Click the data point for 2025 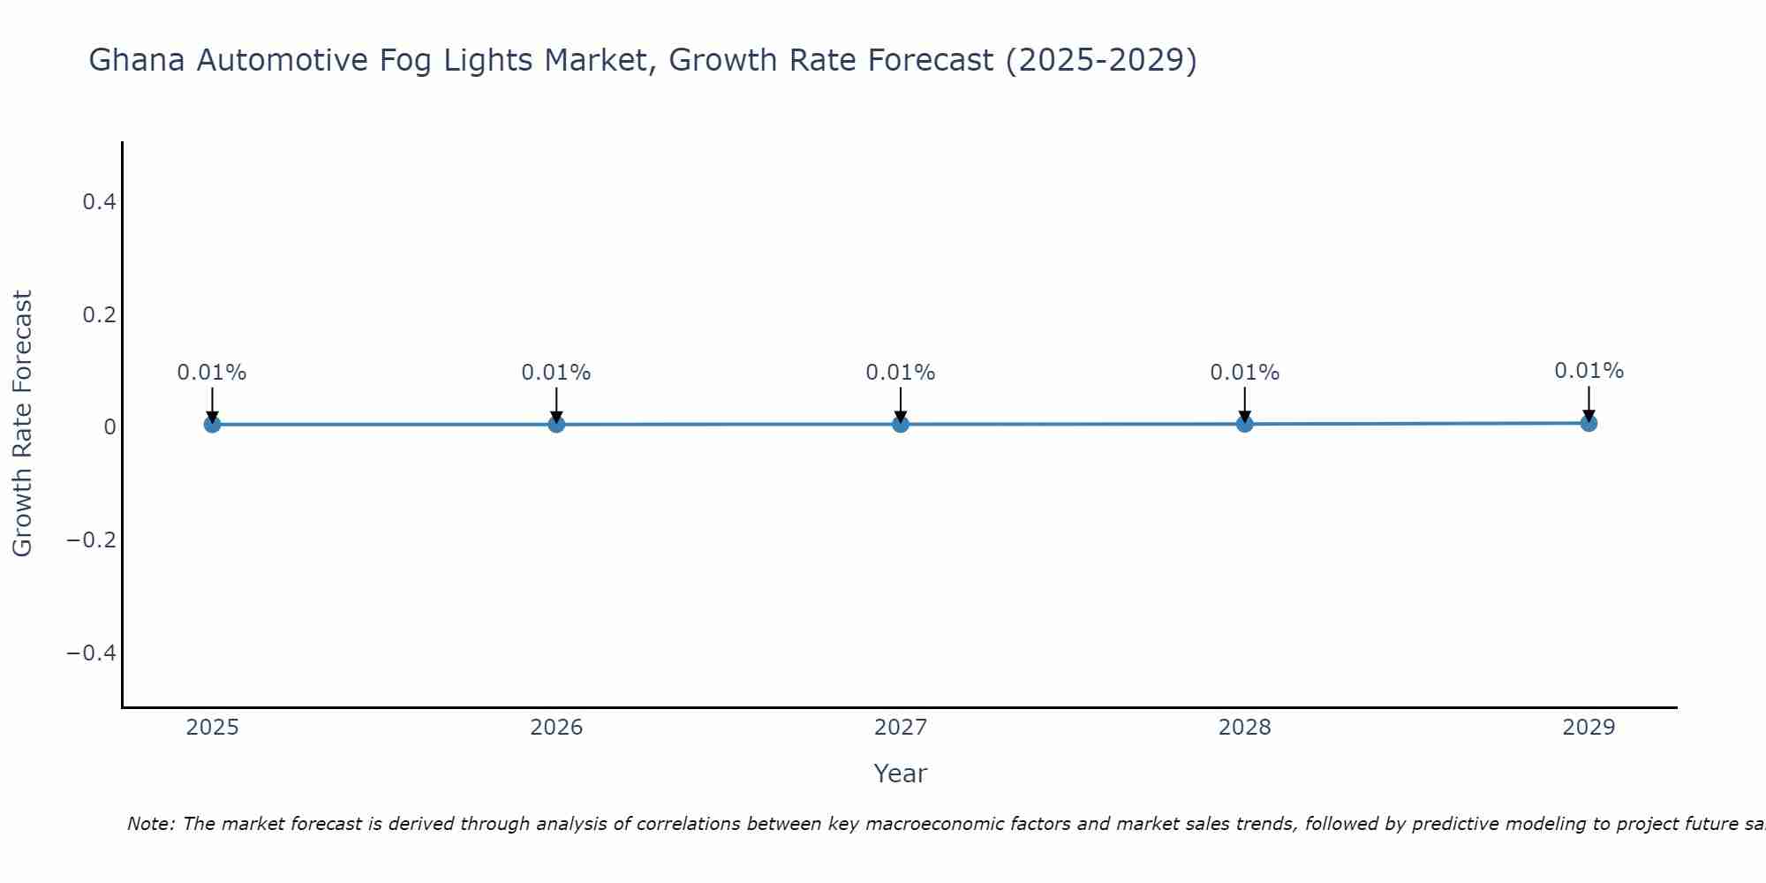[x=212, y=424]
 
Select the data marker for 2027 [x=900, y=424]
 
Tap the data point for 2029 [x=1589, y=423]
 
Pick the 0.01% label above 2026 [x=555, y=373]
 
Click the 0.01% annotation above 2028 [x=1244, y=373]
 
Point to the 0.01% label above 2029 [x=1589, y=371]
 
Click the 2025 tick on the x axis [x=212, y=728]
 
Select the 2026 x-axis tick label [x=556, y=728]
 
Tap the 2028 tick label [x=1244, y=728]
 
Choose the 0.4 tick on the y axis [x=99, y=202]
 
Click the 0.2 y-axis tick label [x=99, y=314]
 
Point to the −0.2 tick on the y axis [x=92, y=540]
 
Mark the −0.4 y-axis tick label [x=92, y=653]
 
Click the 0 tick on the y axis [x=109, y=427]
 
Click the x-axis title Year [x=900, y=774]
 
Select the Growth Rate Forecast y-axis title [x=23, y=424]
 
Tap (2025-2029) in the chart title [x=1101, y=61]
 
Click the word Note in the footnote [x=150, y=824]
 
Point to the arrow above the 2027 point [x=900, y=404]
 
